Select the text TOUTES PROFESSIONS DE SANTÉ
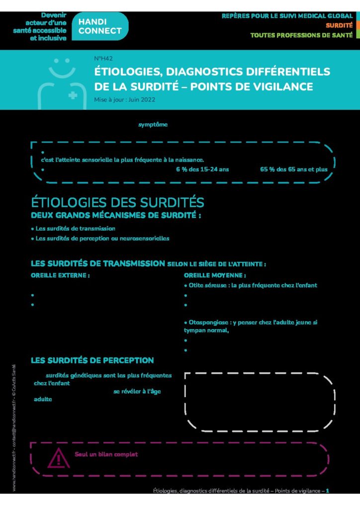point(301,35)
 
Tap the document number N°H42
point(103,59)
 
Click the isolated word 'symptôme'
point(153,125)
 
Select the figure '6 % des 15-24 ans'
point(202,169)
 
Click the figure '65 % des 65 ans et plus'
point(293,169)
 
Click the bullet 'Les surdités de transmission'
point(75,229)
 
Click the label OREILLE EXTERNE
point(60,275)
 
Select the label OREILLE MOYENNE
point(215,275)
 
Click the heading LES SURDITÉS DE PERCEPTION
point(92,360)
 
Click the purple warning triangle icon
point(59,457)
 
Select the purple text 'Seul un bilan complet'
point(106,454)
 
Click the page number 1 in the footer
point(328,491)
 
